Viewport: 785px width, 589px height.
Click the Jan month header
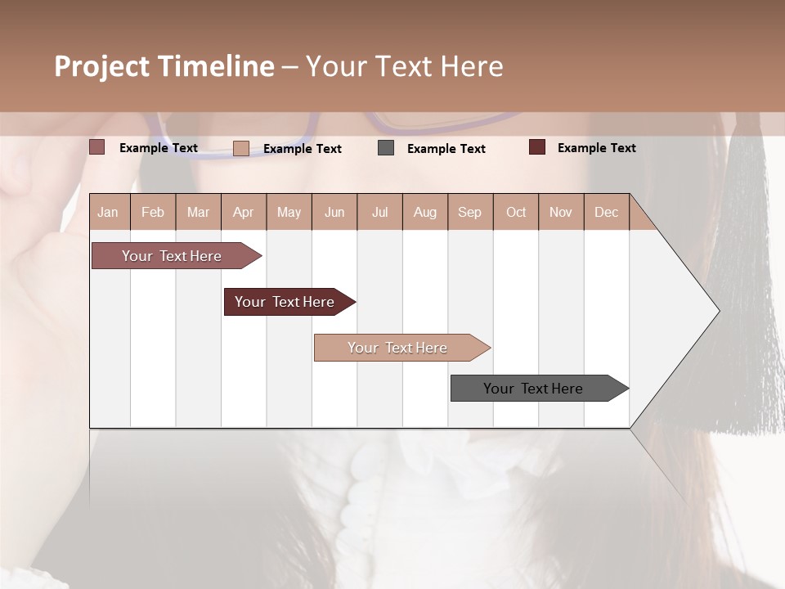point(109,212)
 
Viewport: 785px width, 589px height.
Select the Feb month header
point(153,212)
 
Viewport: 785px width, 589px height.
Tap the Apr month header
point(244,212)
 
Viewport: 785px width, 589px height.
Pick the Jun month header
point(334,212)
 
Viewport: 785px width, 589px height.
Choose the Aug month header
point(425,212)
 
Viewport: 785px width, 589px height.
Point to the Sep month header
point(470,212)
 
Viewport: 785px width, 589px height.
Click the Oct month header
point(516,212)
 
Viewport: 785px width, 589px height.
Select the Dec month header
point(607,212)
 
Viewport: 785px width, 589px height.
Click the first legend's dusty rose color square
point(97,147)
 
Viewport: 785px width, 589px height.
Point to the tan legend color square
point(241,148)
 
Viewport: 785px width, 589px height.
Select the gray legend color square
point(386,148)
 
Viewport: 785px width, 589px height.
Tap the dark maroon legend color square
point(537,147)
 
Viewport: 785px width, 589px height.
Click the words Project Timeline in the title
point(164,66)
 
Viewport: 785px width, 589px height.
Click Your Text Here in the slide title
point(405,66)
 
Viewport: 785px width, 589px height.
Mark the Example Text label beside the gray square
point(446,148)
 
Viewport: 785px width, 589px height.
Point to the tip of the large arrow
point(718,311)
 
